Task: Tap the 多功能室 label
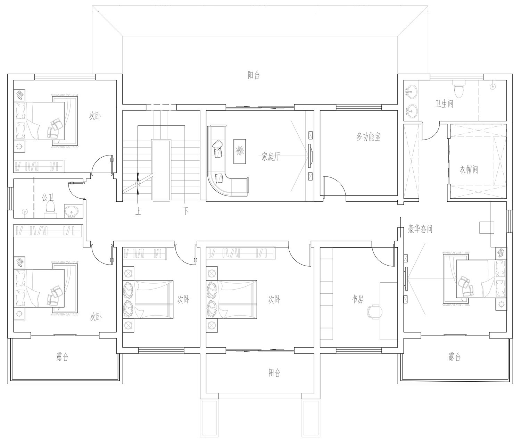tap(369, 137)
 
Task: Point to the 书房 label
tap(358, 299)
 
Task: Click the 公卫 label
tap(48, 197)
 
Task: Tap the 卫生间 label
tap(444, 103)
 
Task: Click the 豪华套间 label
tap(420, 229)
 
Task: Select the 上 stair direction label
tap(138, 211)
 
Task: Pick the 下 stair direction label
tap(185, 211)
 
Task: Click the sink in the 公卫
tap(72, 211)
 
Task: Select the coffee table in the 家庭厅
tap(240, 151)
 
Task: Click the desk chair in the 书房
tap(374, 312)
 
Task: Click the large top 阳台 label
tap(254, 75)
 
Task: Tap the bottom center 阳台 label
tap(274, 373)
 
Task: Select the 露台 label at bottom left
tap(62, 357)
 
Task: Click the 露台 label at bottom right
tap(454, 357)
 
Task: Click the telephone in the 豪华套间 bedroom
tap(501, 252)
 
